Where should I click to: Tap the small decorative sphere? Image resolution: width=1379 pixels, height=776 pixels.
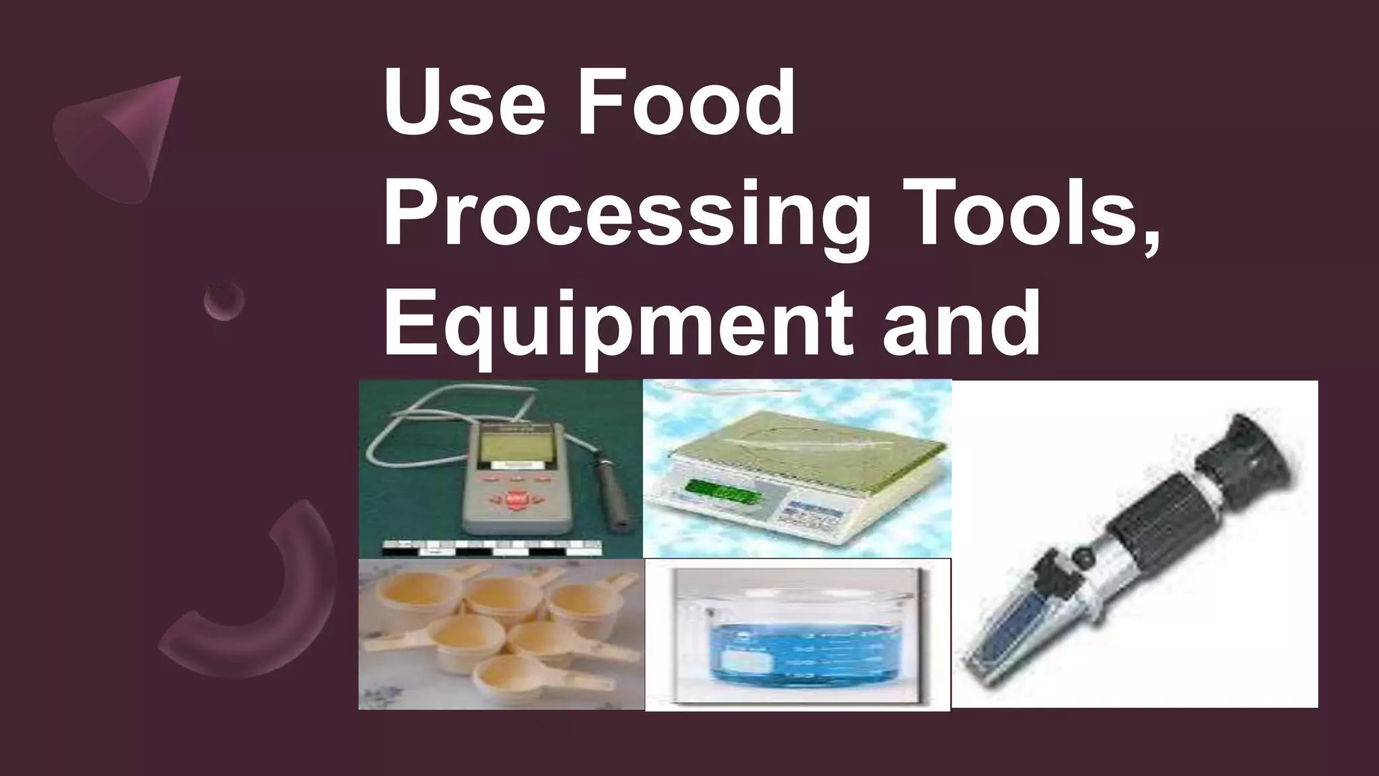[224, 300]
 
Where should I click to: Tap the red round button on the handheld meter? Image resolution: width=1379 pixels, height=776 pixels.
[516, 499]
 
